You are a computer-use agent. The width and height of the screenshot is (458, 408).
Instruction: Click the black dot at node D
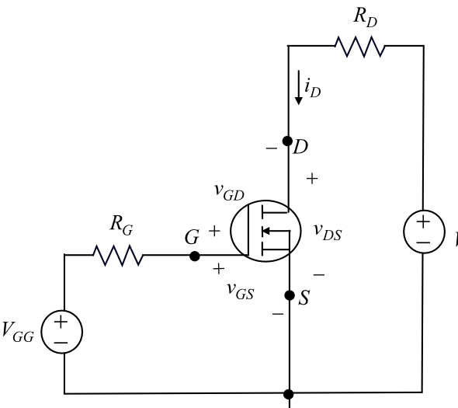pos(287,142)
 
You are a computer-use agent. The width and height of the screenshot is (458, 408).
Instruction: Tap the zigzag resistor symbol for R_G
pos(117,254)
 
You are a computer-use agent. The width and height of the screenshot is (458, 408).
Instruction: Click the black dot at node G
pos(195,254)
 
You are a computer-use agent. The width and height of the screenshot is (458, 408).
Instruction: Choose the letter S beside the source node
pos(304,298)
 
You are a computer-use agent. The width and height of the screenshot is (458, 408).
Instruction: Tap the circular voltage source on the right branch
pos(423,232)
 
